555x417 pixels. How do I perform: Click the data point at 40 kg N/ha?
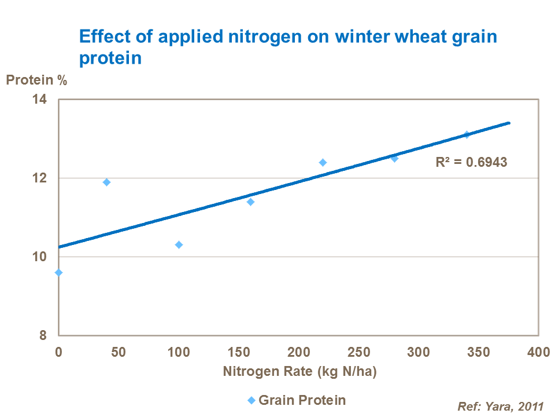tap(106, 182)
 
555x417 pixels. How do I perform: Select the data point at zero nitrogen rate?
tap(58, 272)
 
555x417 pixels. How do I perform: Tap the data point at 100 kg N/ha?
tap(179, 244)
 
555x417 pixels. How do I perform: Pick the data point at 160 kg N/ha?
tap(250, 202)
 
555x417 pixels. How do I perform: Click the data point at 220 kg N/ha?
tap(323, 162)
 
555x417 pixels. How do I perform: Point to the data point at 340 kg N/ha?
tap(467, 134)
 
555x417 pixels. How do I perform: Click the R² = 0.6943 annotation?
tap(471, 162)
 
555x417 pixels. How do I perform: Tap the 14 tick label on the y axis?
tap(49, 100)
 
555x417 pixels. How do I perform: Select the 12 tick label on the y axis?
tap(49, 178)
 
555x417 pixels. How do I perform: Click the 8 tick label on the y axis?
tap(51, 335)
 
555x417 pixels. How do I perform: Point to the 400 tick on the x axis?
tap(538, 352)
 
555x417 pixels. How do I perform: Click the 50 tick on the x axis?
tap(119, 352)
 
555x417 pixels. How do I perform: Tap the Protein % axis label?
tap(36, 81)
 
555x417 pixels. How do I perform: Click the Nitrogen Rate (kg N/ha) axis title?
tap(299, 372)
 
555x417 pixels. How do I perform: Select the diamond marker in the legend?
tap(251, 400)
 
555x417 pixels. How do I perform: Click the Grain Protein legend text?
tap(302, 400)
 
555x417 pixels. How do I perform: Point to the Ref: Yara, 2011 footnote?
tap(501, 406)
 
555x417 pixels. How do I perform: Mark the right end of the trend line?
tap(509, 123)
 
